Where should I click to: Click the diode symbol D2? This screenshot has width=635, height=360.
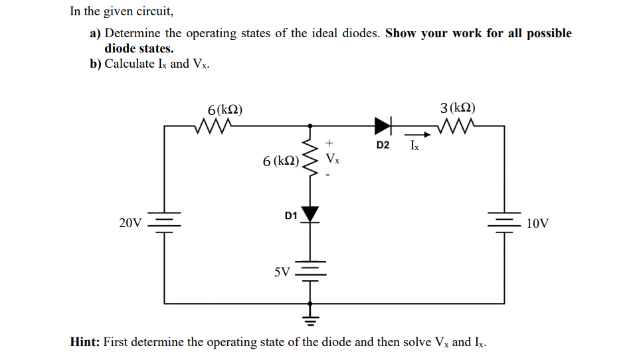[383, 125]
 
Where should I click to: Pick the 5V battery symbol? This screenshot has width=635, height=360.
[310, 272]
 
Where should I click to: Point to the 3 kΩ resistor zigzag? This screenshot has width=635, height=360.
[458, 125]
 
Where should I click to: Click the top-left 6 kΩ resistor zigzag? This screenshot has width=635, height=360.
[215, 125]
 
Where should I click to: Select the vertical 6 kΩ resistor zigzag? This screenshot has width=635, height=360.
[310, 160]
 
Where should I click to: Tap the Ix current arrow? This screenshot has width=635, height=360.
[414, 134]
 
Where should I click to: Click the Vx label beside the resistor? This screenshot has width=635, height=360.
[333, 159]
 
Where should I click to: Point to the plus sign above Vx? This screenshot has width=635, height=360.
[329, 143]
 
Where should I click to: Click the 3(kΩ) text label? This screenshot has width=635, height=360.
[458, 108]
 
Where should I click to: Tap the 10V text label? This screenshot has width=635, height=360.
[537, 224]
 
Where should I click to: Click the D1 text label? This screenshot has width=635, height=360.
[290, 215]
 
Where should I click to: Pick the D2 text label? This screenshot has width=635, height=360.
[383, 144]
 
